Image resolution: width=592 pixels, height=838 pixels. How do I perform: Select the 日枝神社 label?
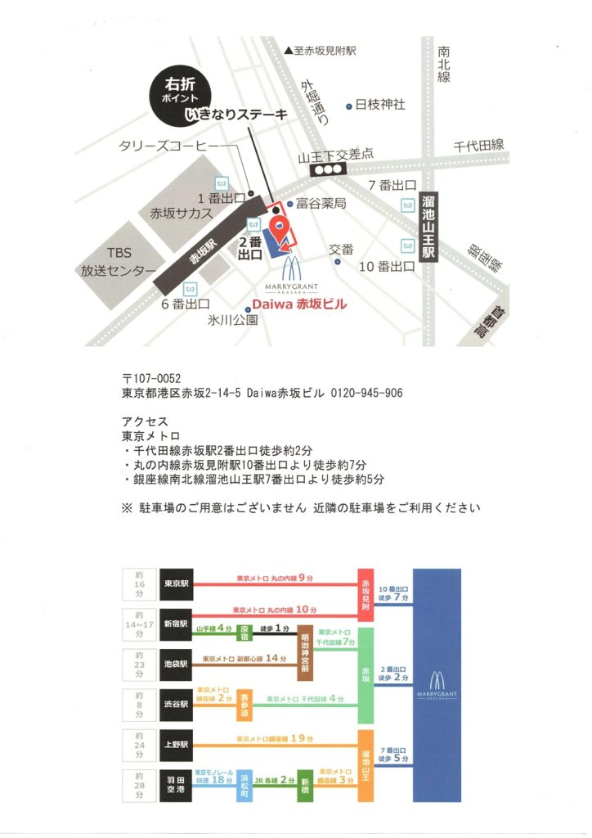point(379,105)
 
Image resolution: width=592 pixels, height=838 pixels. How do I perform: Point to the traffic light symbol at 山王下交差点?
point(330,169)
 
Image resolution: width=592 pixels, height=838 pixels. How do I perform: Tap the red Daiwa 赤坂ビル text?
point(298,304)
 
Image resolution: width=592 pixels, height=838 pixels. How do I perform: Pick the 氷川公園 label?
point(232,320)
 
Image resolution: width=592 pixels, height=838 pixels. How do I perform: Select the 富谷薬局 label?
point(321,202)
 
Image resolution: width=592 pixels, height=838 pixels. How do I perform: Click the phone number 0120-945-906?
point(366,394)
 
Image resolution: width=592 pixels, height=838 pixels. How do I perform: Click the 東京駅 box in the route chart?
point(177,584)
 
